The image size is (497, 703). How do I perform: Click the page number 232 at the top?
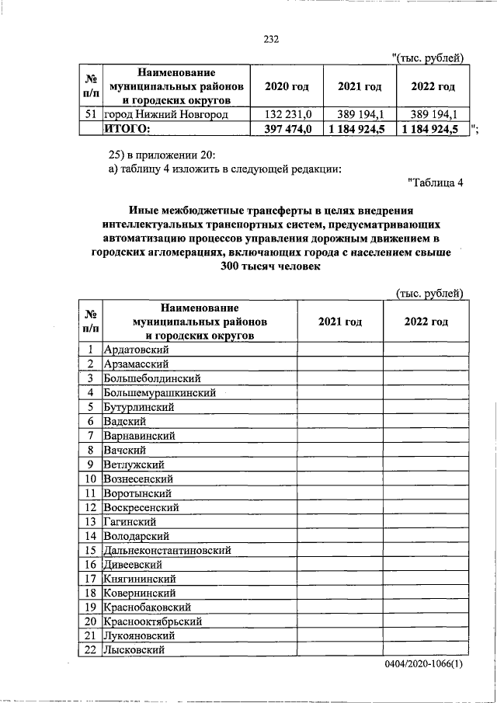tap(270, 40)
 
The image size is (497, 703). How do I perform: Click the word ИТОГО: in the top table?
tap(128, 129)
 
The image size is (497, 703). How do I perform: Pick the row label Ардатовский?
tap(137, 350)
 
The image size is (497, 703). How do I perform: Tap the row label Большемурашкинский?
tap(159, 393)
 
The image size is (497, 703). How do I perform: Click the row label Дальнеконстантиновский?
tap(169, 550)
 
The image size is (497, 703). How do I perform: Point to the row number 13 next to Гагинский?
tap(91, 521)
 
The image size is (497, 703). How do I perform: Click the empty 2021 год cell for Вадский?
tap(339, 422)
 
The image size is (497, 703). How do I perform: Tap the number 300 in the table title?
tap(233, 266)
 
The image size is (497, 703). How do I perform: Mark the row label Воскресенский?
tap(141, 507)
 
